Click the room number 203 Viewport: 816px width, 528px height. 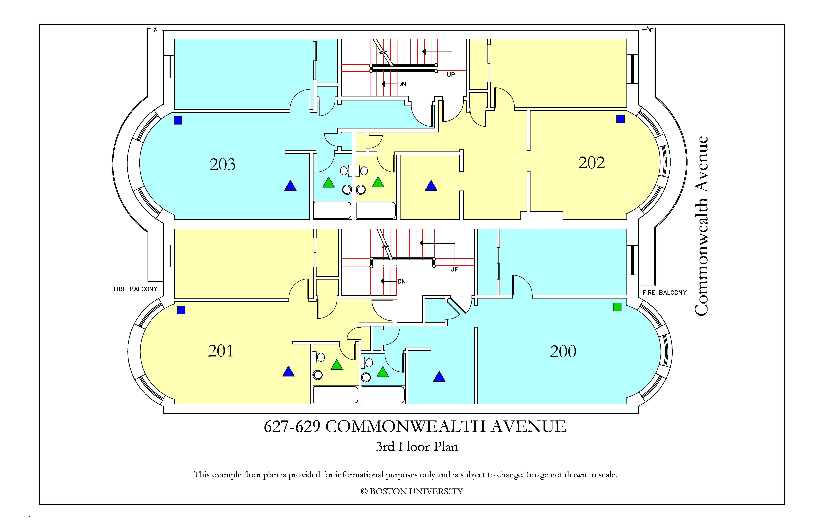point(223,165)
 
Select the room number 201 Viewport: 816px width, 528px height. point(220,351)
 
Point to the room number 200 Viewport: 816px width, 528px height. point(563,351)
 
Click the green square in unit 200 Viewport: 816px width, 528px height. point(617,307)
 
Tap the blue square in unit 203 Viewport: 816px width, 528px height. point(178,120)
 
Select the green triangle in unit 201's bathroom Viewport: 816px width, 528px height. point(337,365)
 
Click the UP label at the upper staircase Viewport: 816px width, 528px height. point(451,75)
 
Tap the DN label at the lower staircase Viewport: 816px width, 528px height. point(401,281)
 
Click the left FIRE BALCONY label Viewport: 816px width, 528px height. point(135,289)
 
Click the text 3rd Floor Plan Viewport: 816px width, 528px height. point(417,447)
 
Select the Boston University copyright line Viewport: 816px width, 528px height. point(412,491)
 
